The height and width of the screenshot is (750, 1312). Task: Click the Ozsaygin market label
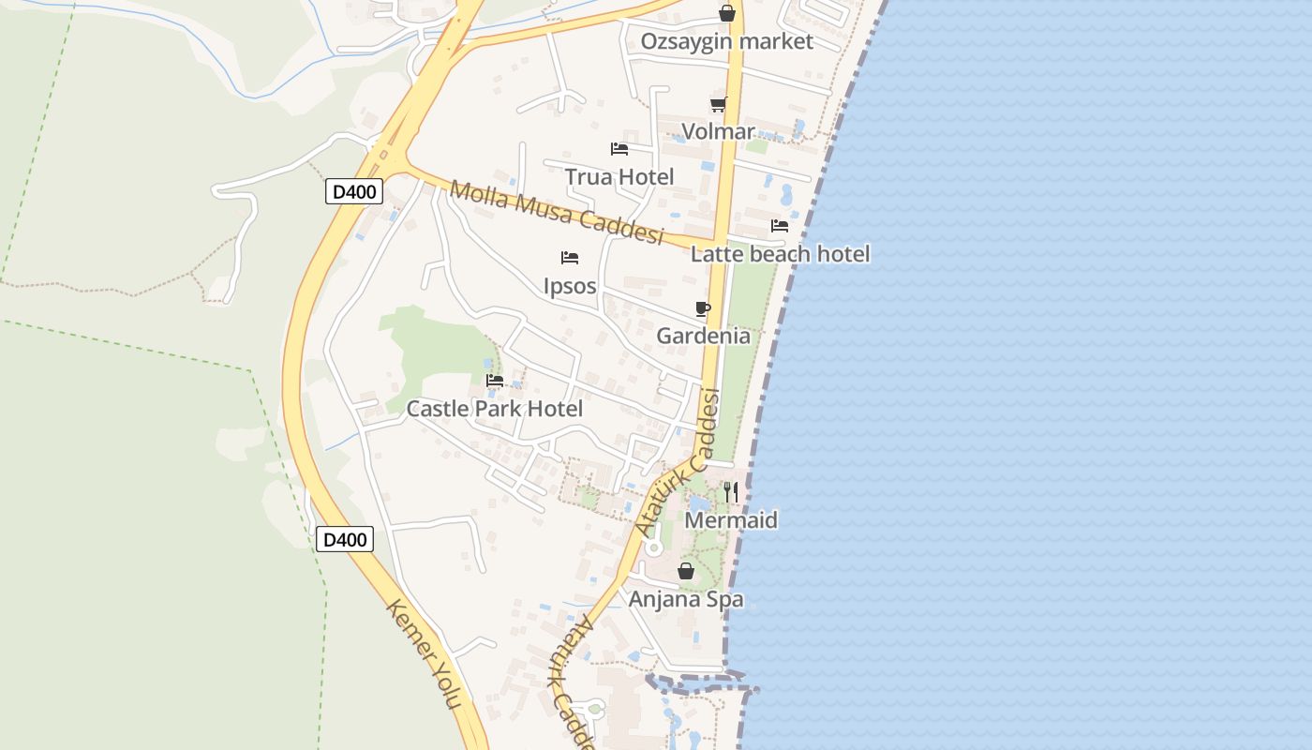[726, 42]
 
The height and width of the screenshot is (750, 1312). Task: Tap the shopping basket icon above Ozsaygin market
[726, 13]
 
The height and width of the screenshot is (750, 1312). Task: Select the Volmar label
[718, 131]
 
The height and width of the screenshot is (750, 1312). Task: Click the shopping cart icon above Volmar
[718, 104]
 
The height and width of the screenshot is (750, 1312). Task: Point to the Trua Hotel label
[619, 176]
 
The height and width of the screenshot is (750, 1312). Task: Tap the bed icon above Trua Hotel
[619, 149]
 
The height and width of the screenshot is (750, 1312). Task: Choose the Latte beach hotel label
[780, 253]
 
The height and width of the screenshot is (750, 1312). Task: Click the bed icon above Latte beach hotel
[779, 226]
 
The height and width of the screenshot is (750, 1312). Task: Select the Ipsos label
[570, 286]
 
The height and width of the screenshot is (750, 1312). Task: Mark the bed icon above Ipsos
[570, 258]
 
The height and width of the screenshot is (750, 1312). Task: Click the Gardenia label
[703, 336]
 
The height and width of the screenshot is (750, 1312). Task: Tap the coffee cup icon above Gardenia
[703, 308]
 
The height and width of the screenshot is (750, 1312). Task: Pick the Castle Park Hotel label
[494, 409]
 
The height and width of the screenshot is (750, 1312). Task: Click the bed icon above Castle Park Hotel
[495, 381]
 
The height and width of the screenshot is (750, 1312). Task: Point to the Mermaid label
[731, 520]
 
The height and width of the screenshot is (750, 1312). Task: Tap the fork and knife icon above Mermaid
[731, 491]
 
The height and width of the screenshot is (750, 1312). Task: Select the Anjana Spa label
[686, 599]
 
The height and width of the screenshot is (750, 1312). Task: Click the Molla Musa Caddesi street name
[556, 212]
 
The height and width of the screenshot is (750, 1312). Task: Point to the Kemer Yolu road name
[425, 653]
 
